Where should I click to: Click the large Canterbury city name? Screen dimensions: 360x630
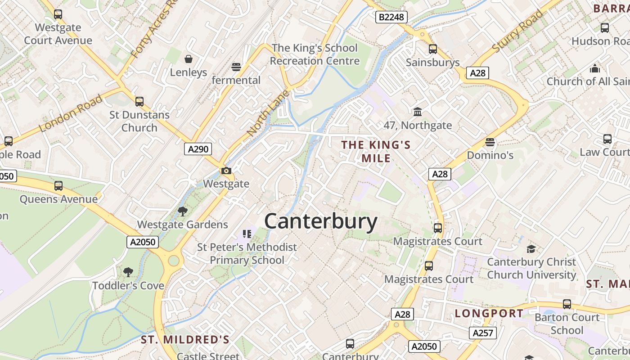tap(320, 221)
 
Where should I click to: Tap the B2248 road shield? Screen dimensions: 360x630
tap(391, 17)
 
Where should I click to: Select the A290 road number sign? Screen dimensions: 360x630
tap(198, 149)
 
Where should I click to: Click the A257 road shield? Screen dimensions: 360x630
tap(483, 333)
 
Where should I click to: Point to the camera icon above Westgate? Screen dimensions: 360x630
tap(226, 171)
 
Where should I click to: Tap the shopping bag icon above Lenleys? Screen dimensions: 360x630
tap(188, 59)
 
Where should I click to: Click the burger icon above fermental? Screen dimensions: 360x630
tap(236, 67)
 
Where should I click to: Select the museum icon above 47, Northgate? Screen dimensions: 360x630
tap(418, 112)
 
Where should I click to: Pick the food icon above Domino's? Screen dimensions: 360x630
tap(490, 142)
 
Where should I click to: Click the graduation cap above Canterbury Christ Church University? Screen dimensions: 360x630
tap(531, 249)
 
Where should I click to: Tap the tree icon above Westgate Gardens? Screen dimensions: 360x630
tap(182, 211)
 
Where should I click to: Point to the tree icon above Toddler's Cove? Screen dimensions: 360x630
tap(128, 272)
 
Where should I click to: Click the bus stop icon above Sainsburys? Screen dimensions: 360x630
tap(433, 49)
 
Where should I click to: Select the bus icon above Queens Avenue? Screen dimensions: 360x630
tap(58, 186)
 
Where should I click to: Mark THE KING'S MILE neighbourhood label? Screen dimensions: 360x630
tap(376, 151)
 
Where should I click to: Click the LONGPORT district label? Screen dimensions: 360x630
tap(489, 313)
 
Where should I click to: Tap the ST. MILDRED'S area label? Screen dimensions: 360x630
tap(185, 339)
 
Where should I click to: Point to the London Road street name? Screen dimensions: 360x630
tap(71, 114)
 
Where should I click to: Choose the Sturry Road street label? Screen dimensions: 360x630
tap(517, 31)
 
